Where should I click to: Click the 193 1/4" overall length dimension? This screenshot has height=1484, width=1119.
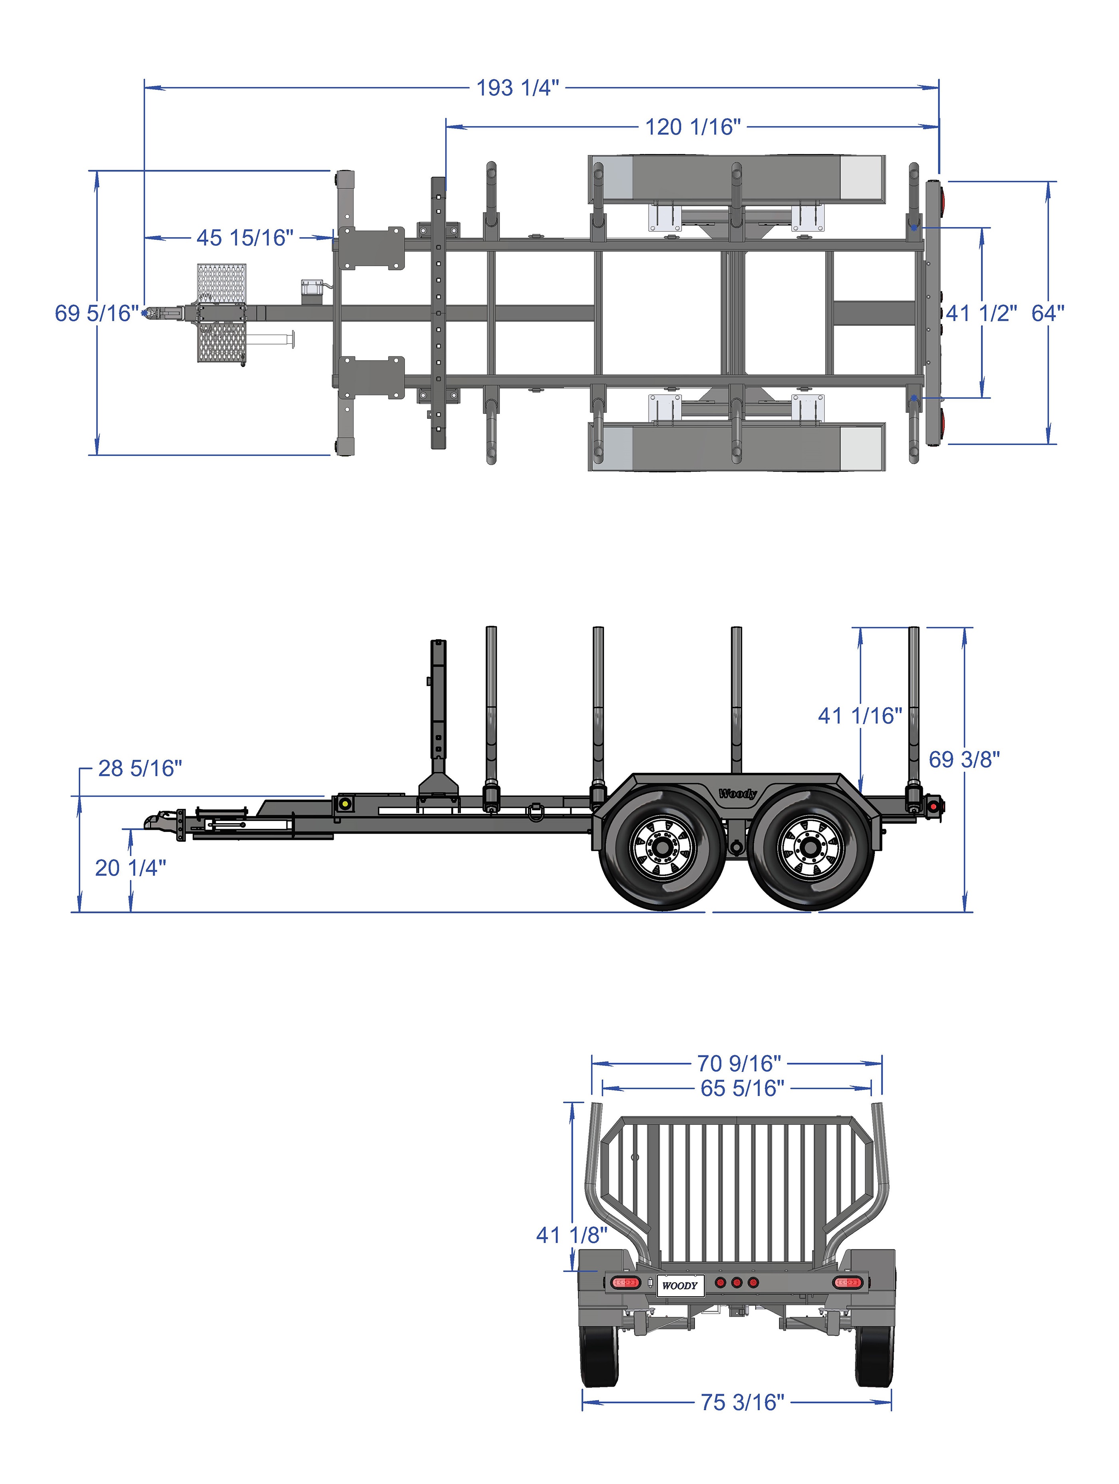click(x=517, y=88)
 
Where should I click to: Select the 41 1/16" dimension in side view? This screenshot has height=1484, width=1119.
click(x=859, y=716)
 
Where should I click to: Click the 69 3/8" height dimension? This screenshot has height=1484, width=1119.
click(x=964, y=760)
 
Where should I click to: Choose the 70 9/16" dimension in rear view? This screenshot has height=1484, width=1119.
click(x=739, y=1063)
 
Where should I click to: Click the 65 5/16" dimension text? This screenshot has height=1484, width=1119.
click(x=742, y=1088)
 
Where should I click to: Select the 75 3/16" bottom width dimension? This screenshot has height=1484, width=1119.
click(x=742, y=1401)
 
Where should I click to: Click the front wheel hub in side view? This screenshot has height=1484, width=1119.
click(x=663, y=848)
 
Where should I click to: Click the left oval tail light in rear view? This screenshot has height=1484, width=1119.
click(x=625, y=1283)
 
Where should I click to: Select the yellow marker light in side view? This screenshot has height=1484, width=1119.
click(x=345, y=803)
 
